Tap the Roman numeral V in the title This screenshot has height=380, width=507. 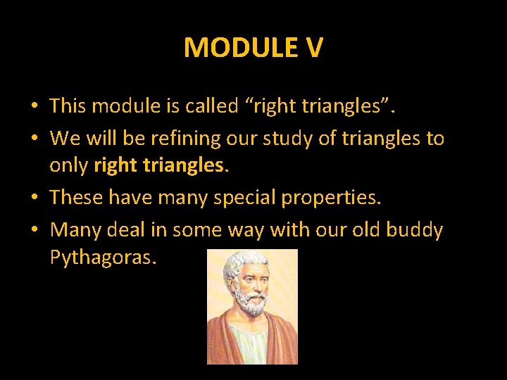point(314,48)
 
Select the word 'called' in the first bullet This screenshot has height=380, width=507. point(211,106)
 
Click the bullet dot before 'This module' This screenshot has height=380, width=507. point(34,107)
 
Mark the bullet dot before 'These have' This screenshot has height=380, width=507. point(34,198)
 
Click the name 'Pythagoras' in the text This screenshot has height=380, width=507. point(103,258)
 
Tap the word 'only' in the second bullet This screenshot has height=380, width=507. point(68,165)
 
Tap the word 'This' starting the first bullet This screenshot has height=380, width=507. point(68,106)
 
